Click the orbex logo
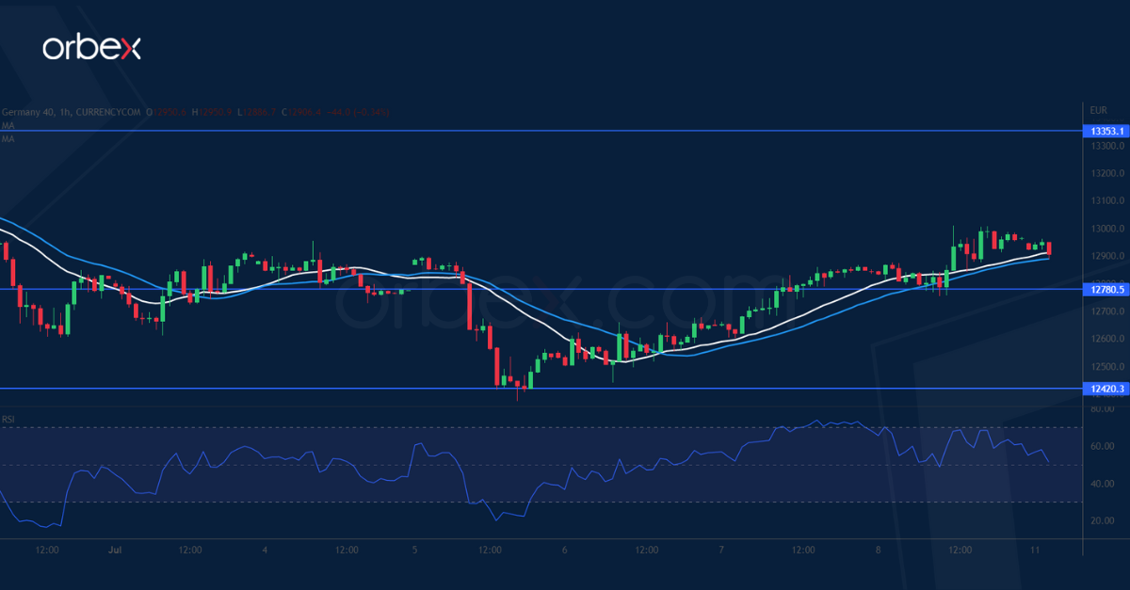coord(91,48)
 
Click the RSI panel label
coord(8,419)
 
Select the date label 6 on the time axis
coord(564,550)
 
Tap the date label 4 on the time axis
coord(266,550)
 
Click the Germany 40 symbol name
coord(26,112)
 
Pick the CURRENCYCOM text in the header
coord(115,112)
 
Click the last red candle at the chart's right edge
coord(1049,248)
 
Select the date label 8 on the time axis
coord(878,550)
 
